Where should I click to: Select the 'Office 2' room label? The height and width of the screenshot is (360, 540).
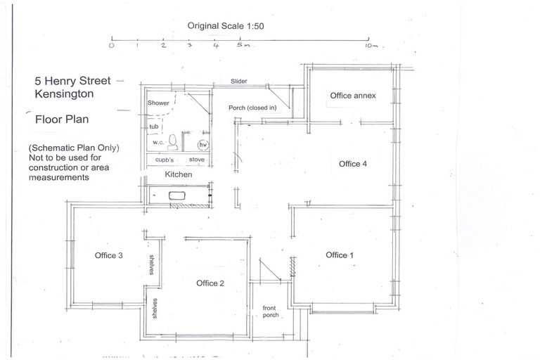pyautogui.click(x=210, y=283)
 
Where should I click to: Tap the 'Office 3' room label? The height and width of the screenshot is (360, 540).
pyautogui.click(x=109, y=255)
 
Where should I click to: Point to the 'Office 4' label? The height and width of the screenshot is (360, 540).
pyautogui.click(x=353, y=164)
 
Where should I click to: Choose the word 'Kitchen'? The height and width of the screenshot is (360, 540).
pyautogui.click(x=178, y=174)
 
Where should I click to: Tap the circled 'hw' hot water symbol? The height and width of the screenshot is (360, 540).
pyautogui.click(x=203, y=145)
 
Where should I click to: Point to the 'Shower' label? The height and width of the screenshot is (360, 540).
pyautogui.click(x=158, y=103)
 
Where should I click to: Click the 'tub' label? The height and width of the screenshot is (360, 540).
pyautogui.click(x=153, y=127)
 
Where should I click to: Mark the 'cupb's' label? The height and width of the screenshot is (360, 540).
pyautogui.click(x=166, y=160)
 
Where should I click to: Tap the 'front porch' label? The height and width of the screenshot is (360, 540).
pyautogui.click(x=270, y=312)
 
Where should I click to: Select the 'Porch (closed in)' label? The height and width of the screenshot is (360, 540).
pyautogui.click(x=252, y=108)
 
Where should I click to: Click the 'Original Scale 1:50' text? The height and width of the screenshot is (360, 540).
pyautogui.click(x=225, y=25)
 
